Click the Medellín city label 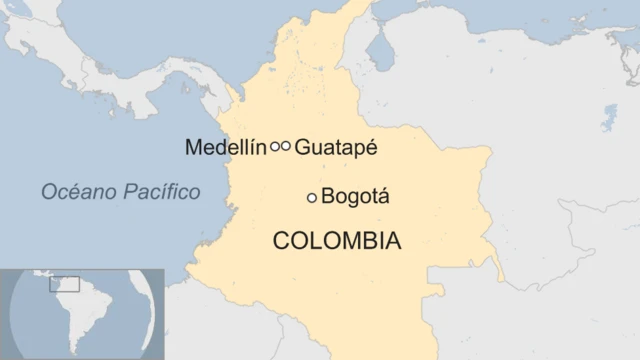pos(225,147)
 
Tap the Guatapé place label pos(336,147)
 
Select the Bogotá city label pos(355,198)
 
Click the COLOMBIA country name pos(337,241)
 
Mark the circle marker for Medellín pos(275,146)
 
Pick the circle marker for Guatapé pos(286,146)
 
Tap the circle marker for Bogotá pos(312,198)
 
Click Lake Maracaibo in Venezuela pos(379,45)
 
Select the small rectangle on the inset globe pos(64,284)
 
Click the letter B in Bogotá pos(328,198)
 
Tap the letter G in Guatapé pos(303,147)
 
